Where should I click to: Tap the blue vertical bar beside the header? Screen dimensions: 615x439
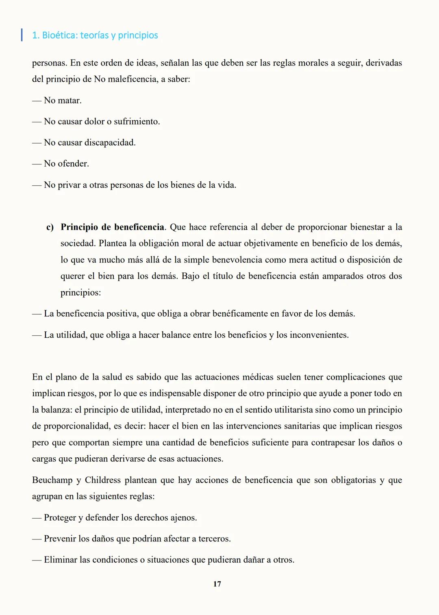pyautogui.click(x=22, y=35)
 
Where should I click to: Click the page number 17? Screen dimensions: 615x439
pyautogui.click(x=217, y=584)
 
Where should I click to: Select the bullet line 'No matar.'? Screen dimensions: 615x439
pyautogui.click(x=63, y=100)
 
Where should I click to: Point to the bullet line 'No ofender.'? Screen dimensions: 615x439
pyautogui.click(x=66, y=163)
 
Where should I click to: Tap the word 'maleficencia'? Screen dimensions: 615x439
pyautogui.click(x=131, y=79)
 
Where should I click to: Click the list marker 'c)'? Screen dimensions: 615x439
pyautogui.click(x=50, y=227)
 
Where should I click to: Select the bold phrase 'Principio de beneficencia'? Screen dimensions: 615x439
pyautogui.click(x=113, y=227)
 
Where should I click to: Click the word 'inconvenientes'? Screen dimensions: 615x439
pyautogui.click(x=319, y=335)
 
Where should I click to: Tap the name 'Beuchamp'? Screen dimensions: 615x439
pyautogui.click(x=52, y=480)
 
